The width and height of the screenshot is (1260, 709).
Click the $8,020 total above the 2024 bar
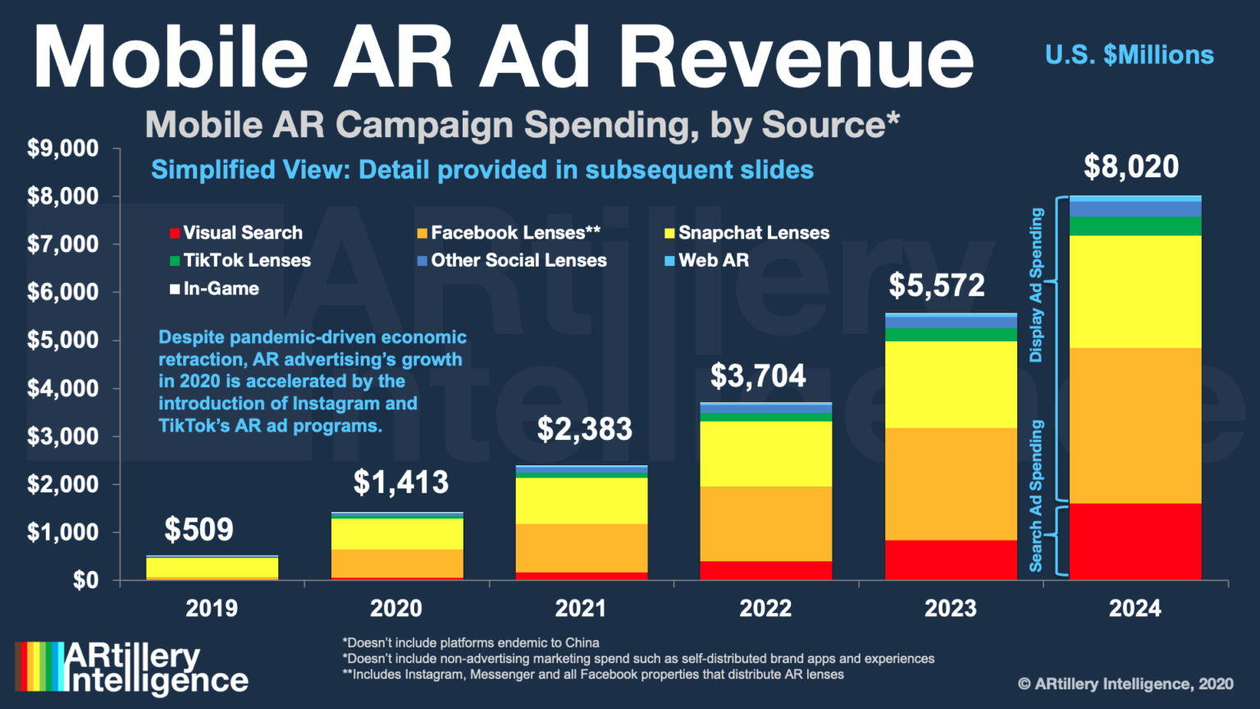(x=1130, y=167)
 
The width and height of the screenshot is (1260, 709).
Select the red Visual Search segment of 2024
(x=1135, y=542)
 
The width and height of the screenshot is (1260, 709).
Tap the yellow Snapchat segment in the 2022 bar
(x=765, y=454)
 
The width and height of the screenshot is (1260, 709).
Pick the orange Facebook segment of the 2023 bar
(x=951, y=483)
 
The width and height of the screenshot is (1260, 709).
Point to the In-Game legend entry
(x=214, y=289)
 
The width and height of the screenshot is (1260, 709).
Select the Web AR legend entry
(x=706, y=261)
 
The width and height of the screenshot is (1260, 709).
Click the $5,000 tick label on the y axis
(x=62, y=341)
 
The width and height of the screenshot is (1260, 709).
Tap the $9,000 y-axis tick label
(x=62, y=149)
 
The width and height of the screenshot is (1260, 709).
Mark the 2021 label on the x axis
(x=581, y=608)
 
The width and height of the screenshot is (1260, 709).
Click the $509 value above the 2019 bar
(x=199, y=529)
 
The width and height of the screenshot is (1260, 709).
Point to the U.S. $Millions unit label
(x=1129, y=55)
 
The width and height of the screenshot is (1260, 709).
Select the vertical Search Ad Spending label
(x=1036, y=496)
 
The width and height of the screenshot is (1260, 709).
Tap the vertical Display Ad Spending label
(x=1036, y=285)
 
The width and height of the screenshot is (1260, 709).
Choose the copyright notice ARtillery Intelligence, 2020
(x=1125, y=684)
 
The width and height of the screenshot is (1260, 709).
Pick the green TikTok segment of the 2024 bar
(x=1135, y=226)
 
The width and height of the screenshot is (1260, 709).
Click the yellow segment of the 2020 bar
(x=397, y=533)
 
